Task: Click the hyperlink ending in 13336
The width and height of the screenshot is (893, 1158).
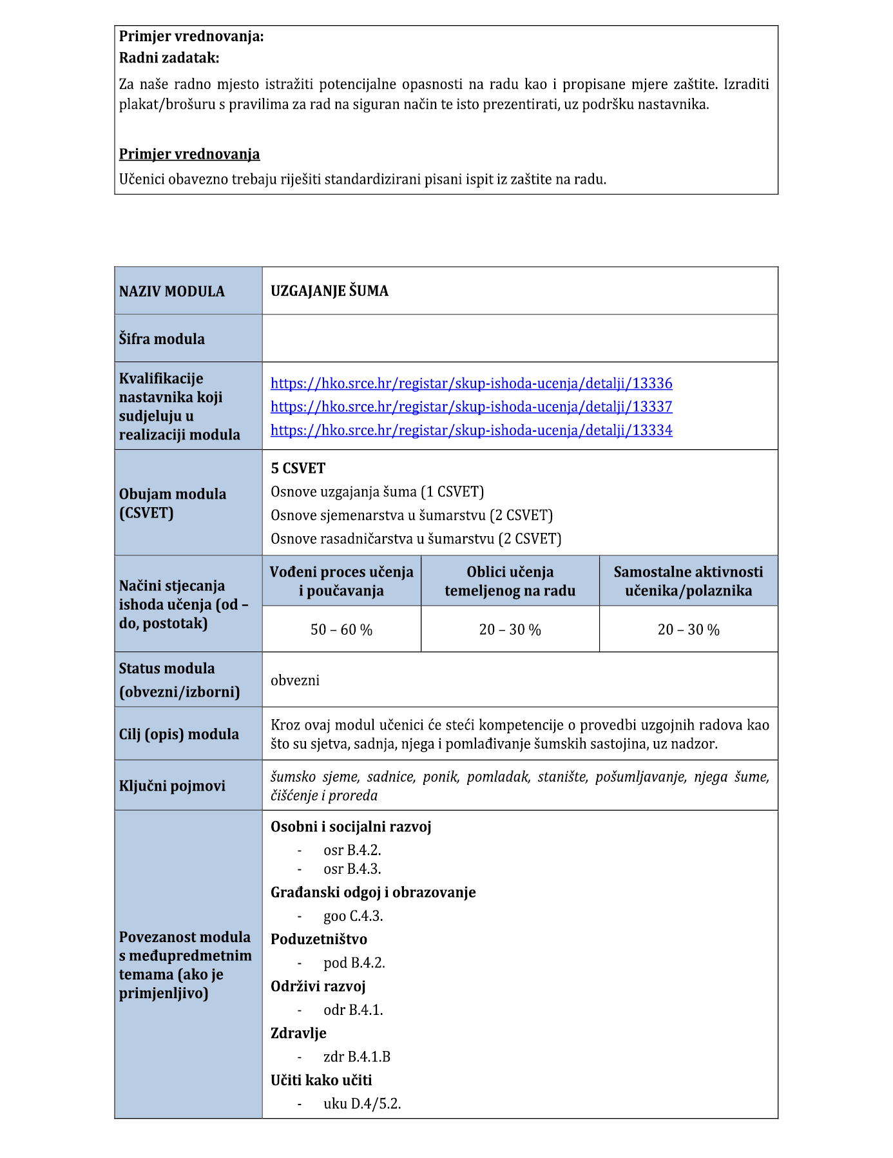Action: click(x=471, y=383)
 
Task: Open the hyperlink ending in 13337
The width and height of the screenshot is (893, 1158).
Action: click(x=471, y=407)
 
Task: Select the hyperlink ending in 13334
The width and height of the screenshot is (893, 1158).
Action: click(x=471, y=430)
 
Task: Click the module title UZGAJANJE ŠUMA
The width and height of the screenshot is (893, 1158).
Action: click(x=329, y=291)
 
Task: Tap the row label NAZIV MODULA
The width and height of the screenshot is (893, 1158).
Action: click(x=172, y=291)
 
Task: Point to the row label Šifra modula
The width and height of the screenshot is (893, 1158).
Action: click(x=162, y=339)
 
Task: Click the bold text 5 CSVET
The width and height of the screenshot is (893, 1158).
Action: click(x=298, y=468)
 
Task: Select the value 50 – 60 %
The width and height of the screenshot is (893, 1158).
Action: click(x=341, y=630)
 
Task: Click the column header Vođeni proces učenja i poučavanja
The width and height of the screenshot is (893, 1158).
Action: click(x=341, y=581)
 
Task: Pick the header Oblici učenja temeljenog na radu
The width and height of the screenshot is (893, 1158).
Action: click(x=510, y=581)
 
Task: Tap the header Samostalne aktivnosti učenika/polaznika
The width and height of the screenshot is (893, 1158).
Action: click(x=688, y=581)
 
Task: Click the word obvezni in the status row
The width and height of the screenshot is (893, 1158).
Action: click(x=295, y=680)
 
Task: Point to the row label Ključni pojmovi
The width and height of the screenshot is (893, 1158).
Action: click(x=172, y=786)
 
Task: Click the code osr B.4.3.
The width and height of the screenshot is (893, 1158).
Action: click(x=352, y=869)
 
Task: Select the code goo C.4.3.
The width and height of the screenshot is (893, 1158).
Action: click(x=353, y=916)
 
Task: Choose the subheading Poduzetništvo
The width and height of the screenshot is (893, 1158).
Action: click(x=318, y=939)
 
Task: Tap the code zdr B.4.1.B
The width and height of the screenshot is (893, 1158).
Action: click(x=357, y=1056)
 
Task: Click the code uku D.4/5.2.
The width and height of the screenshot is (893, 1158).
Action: click(x=362, y=1103)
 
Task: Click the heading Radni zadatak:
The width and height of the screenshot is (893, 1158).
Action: click(x=169, y=58)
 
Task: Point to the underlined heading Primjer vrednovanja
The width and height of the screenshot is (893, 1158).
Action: click(x=189, y=154)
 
